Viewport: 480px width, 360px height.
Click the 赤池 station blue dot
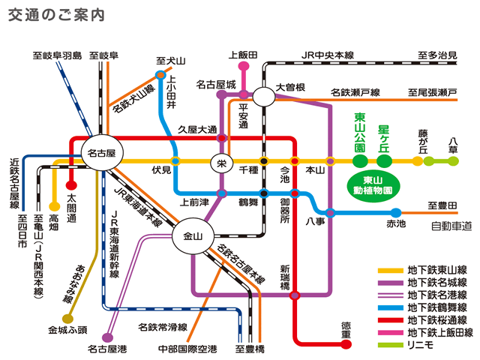click(395, 212)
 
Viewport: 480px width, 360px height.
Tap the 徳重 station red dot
click(346, 343)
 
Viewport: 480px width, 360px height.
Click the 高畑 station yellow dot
click(54, 205)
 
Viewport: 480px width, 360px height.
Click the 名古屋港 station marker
click(107, 338)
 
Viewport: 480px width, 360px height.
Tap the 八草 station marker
click(452, 160)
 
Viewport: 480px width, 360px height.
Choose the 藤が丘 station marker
click(417, 160)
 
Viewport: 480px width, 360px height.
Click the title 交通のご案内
click(55, 16)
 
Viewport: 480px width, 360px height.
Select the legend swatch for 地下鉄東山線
click(390, 270)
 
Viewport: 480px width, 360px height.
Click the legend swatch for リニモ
click(390, 346)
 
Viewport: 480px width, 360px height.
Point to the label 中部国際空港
click(187, 349)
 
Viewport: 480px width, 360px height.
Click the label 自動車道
click(451, 226)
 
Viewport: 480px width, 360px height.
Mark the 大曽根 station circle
click(263, 96)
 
